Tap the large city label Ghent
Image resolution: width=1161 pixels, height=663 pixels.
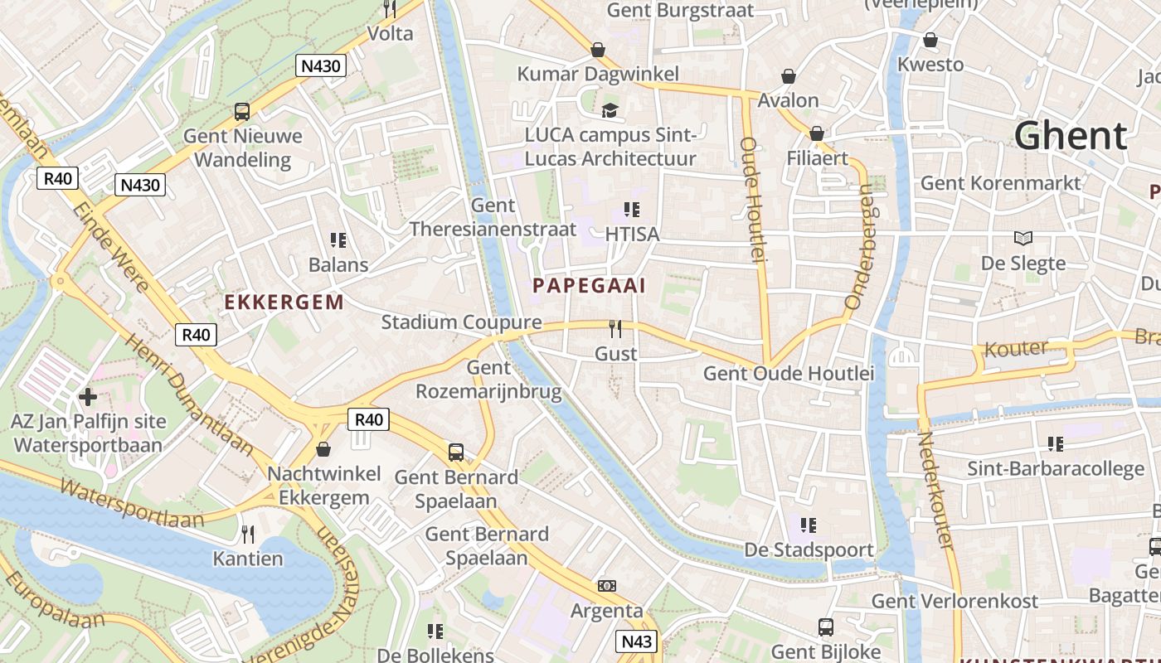coord(1071,135)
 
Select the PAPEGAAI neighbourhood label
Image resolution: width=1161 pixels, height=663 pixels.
coord(589,286)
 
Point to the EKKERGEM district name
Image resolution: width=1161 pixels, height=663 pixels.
coord(284,302)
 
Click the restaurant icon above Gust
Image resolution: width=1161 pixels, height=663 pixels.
coord(615,329)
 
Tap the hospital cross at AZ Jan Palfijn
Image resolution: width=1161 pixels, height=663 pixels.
coord(88,397)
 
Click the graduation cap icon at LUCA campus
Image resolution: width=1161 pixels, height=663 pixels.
coord(610,110)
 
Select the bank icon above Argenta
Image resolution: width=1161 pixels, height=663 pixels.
coord(607,586)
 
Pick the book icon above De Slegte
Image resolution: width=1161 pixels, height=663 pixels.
coord(1023,239)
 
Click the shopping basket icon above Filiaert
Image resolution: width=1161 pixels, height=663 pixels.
coord(817,133)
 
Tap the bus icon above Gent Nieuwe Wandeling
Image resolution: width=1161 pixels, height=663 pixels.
coord(242,111)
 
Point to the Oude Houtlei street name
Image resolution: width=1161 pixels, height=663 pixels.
coord(751,200)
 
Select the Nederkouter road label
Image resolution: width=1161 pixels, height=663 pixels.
coord(935,489)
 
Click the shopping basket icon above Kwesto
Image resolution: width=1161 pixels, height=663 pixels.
coord(930,40)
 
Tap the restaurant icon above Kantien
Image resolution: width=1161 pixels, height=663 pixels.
coord(247,534)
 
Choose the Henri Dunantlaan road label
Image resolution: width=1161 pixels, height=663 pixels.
coord(188,394)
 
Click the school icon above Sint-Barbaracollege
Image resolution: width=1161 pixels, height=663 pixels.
coord(1055,444)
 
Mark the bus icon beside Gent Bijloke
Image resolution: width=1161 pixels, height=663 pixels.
coord(826,627)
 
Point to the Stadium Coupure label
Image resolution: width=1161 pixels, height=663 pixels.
coord(461,322)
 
